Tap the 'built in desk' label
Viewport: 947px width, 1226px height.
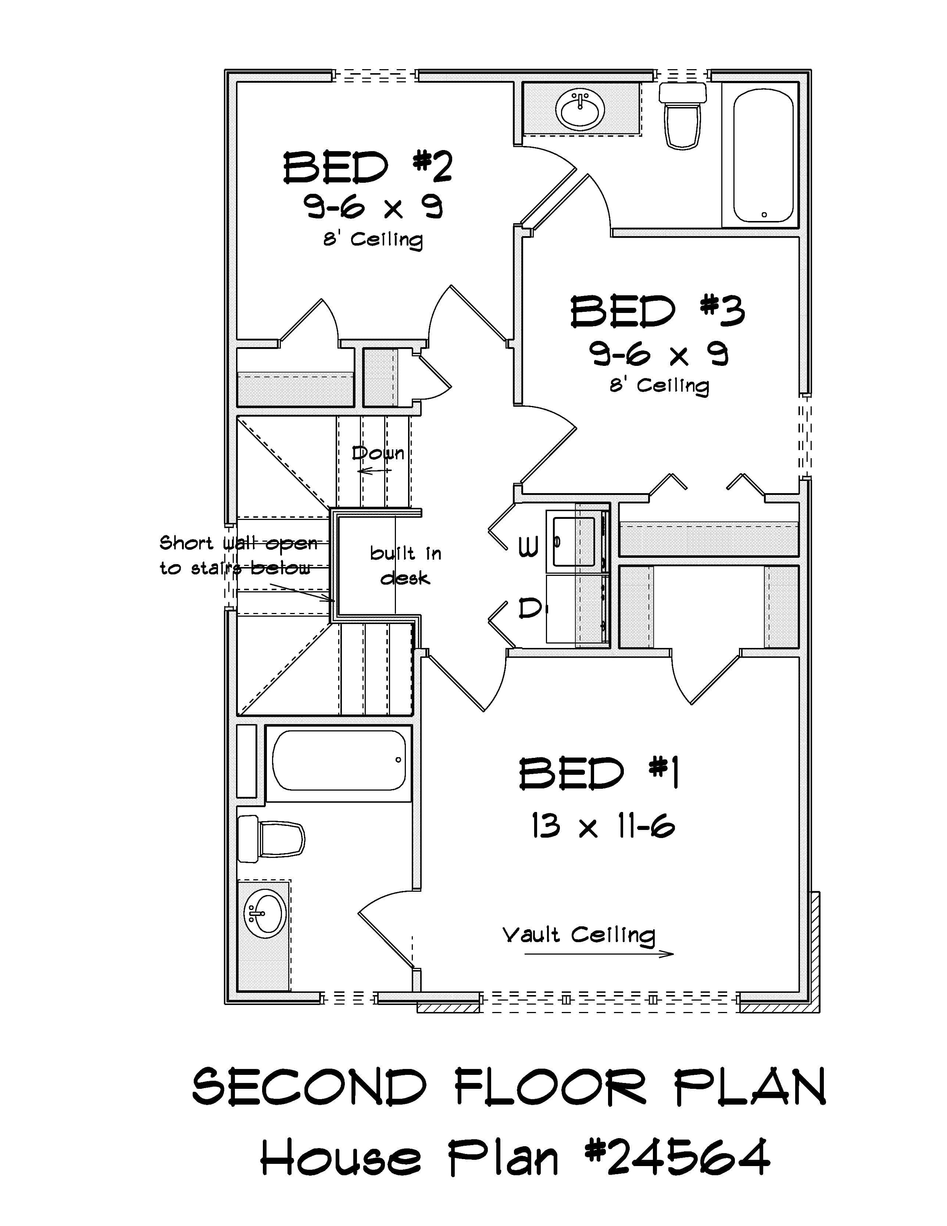pyautogui.click(x=405, y=565)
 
